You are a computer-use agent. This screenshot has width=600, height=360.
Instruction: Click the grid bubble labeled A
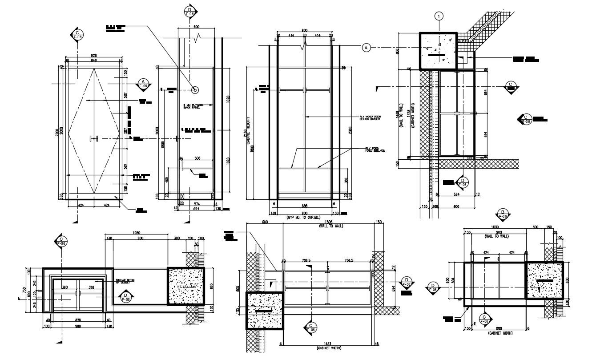point(366,47)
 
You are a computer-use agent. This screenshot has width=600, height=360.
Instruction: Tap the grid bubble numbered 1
point(439,16)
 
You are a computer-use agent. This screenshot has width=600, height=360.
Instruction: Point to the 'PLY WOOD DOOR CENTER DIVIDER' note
point(370,118)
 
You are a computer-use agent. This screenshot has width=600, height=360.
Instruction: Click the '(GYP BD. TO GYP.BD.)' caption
point(304,218)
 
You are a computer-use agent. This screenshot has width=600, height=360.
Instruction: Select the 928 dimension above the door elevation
point(94,56)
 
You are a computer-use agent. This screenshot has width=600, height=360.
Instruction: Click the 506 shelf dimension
point(197,158)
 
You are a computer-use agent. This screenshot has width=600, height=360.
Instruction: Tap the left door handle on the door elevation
point(91,139)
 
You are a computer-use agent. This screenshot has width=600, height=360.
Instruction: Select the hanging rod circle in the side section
point(195,90)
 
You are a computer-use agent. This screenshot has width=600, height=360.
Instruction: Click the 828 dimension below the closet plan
point(78,320)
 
